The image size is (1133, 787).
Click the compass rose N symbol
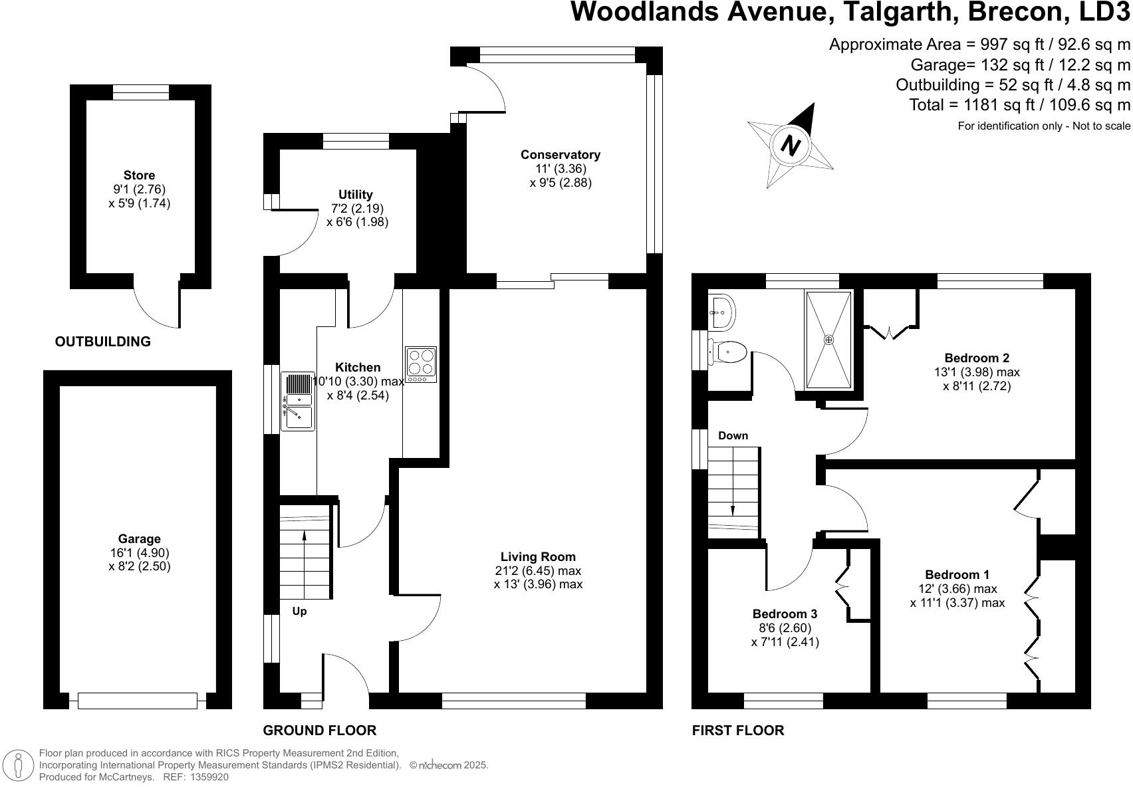click(x=790, y=145)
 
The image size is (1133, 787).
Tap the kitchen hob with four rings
click(x=421, y=364)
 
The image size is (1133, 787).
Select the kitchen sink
click(x=297, y=401)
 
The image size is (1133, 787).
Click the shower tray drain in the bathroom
click(x=828, y=340)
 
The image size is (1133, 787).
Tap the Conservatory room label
click(x=560, y=155)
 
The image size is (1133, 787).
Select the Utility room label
click(x=356, y=195)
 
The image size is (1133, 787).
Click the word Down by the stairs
click(x=733, y=436)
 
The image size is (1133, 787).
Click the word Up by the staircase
click(x=299, y=611)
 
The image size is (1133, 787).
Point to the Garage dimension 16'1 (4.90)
click(x=140, y=553)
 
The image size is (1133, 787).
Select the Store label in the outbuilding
click(x=139, y=175)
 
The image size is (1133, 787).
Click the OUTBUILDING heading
click(x=102, y=342)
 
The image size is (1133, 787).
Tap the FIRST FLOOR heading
click(x=737, y=731)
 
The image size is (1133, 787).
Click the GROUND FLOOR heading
click(x=319, y=731)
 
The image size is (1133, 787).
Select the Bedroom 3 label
click(x=785, y=614)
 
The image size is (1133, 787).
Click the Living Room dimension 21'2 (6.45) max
click(x=538, y=571)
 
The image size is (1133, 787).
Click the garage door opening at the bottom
click(x=138, y=701)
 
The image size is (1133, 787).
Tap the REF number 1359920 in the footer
click(x=209, y=776)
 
